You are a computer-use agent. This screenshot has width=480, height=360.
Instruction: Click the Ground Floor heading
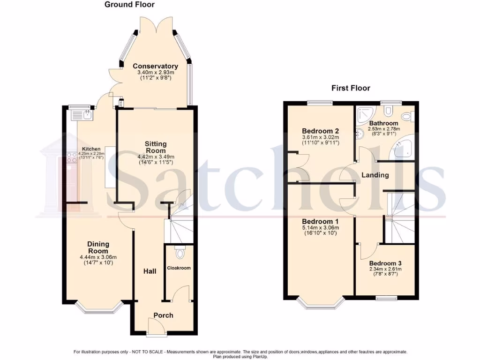pyautogui.click(x=129, y=5)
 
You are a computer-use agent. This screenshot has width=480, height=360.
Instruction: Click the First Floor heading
pyautogui.click(x=351, y=88)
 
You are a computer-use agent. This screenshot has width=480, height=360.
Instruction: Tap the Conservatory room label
pyautogui.click(x=155, y=66)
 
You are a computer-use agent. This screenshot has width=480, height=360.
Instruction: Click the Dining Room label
pyautogui.click(x=98, y=247)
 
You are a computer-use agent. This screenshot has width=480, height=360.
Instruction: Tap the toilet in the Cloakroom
pyautogui.click(x=179, y=253)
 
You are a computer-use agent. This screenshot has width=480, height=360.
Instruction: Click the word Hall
pyautogui.click(x=150, y=271)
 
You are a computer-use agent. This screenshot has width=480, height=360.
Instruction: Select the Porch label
pyautogui.click(x=164, y=315)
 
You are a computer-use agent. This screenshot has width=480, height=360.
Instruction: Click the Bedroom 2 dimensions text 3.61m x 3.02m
pyautogui.click(x=320, y=137)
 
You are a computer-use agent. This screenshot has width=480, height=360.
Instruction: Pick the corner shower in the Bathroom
pyautogui.click(x=365, y=113)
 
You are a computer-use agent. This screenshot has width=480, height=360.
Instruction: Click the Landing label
pyautogui.click(x=375, y=175)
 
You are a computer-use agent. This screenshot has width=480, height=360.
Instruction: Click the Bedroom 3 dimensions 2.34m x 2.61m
pyautogui.click(x=385, y=269)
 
